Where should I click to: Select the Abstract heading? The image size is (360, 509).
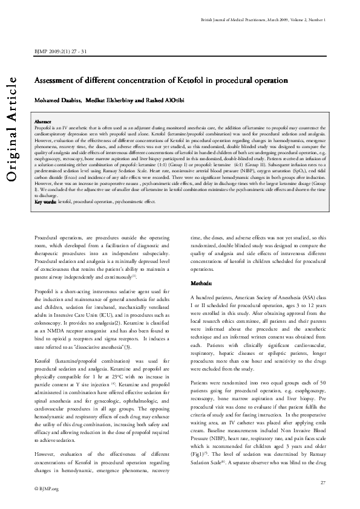[x=43, y=122]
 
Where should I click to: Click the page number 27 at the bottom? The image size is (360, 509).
[x=323, y=481]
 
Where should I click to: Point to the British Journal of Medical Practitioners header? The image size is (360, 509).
[x=263, y=21]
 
